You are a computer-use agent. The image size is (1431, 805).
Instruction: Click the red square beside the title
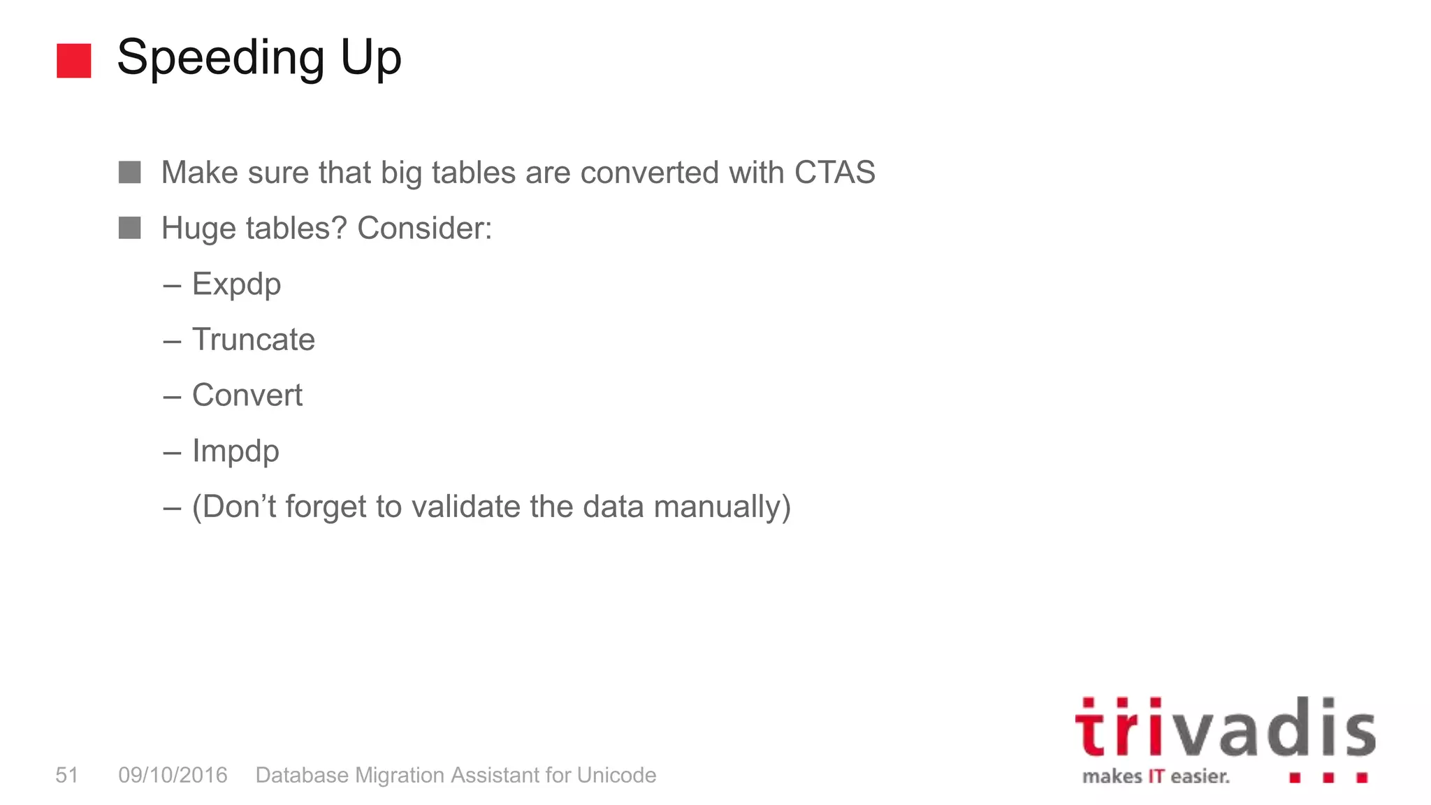73,61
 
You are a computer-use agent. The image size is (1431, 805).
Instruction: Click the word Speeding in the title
220,59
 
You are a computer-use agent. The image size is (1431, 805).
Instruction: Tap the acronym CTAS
834,173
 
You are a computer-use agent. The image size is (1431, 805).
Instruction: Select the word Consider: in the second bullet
424,229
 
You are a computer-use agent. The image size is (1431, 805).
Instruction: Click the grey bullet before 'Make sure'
129,172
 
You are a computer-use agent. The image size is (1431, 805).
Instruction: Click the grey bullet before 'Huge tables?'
129,228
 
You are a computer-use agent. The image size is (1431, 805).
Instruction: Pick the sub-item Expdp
236,285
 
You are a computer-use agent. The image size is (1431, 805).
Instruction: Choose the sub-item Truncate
253,340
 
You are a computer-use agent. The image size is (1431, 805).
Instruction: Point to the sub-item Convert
247,396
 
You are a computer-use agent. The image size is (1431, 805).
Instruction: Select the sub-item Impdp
235,451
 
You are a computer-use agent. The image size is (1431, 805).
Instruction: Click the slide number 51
67,775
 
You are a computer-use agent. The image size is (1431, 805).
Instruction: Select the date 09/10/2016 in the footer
173,775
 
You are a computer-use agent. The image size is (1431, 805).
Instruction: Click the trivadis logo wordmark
1224,729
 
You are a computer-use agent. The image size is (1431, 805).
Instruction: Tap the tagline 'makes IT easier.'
1155,776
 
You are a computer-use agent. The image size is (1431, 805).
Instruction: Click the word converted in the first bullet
648,173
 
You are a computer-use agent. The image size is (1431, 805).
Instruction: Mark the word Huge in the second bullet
198,229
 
